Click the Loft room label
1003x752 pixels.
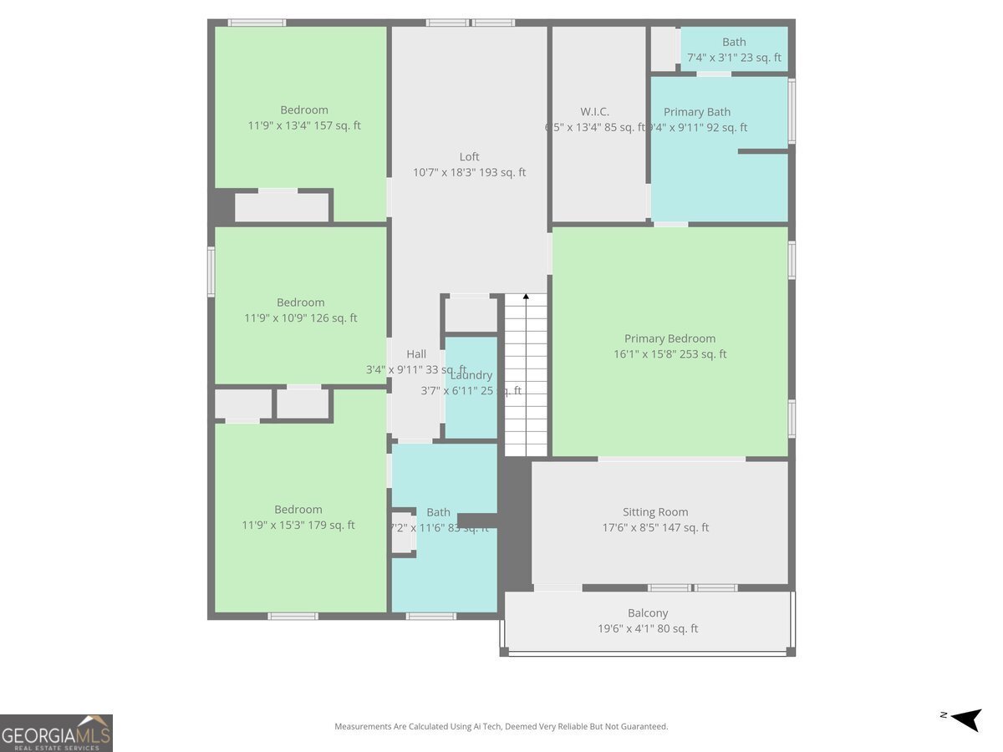coord(469,156)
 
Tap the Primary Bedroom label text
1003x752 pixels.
coord(670,338)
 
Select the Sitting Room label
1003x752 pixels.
coord(655,512)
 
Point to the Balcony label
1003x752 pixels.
coord(648,613)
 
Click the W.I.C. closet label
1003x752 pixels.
coord(594,112)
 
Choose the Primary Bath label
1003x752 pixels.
coord(697,112)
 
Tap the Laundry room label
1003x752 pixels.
coord(471,375)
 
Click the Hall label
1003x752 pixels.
coord(416,354)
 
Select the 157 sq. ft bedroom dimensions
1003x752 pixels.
coord(304,126)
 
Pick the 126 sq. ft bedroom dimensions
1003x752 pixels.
coord(300,318)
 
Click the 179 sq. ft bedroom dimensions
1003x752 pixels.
coord(298,526)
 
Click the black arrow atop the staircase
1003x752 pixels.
coord(526,297)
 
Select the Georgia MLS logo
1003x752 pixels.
coord(56,733)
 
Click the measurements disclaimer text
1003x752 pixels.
coord(501,727)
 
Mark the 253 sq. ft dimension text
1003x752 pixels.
coord(670,354)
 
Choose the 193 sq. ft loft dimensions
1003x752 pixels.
coord(469,173)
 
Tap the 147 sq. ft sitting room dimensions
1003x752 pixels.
coord(655,528)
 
